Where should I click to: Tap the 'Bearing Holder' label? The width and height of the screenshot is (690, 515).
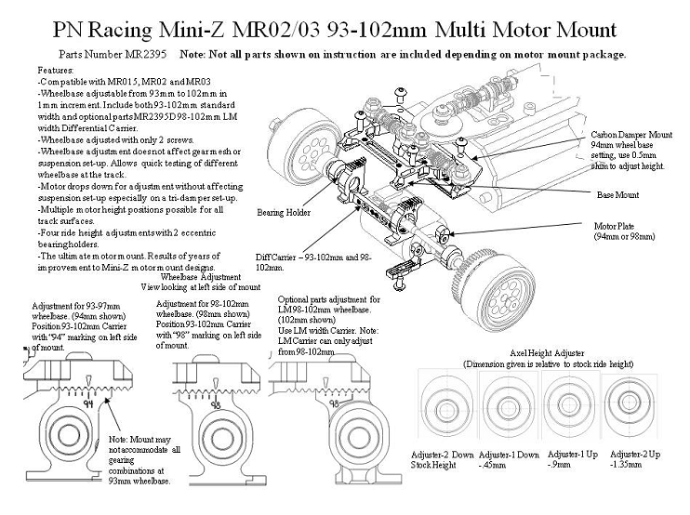[283, 212]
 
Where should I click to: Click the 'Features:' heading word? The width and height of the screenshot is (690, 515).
[57, 71]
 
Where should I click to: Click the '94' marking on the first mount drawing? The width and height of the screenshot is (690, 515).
[87, 403]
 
